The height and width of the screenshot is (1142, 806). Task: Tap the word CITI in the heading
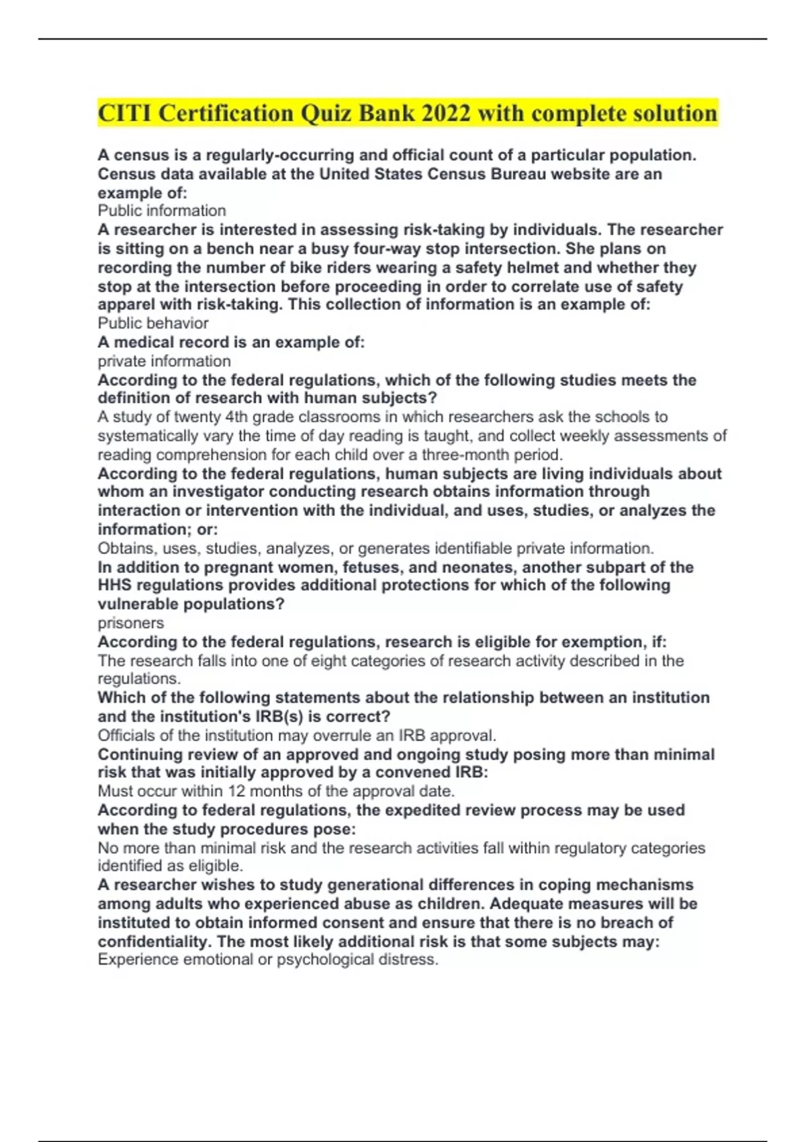125,113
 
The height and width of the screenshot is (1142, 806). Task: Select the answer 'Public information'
162,211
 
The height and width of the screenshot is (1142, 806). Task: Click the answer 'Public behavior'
153,323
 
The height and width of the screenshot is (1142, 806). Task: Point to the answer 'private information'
164,361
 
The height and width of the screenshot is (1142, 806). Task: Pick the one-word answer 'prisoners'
130,623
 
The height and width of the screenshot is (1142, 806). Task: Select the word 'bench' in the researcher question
228,249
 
